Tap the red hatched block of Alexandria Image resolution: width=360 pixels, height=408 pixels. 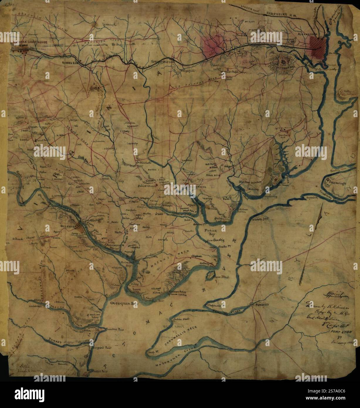(x=318, y=48)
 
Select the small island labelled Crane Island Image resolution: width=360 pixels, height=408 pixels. (x=211, y=275)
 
